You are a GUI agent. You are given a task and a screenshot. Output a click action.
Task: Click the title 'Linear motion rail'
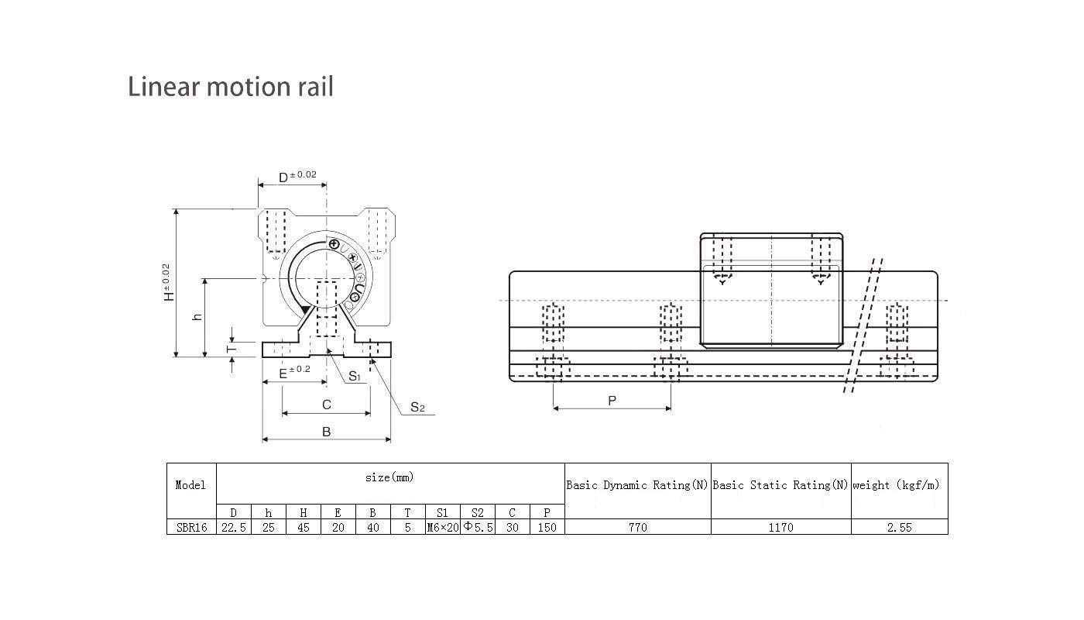click(x=231, y=86)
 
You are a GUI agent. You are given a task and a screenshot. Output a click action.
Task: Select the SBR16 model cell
click(x=190, y=527)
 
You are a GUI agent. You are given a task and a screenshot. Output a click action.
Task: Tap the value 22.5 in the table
click(x=233, y=527)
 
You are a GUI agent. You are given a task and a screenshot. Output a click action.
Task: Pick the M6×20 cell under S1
click(x=443, y=527)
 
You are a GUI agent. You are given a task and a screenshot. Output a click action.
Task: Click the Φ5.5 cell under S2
click(x=478, y=527)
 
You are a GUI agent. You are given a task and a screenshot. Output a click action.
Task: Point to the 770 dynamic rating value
click(x=637, y=527)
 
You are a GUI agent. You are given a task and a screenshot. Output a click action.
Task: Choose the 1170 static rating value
click(x=780, y=527)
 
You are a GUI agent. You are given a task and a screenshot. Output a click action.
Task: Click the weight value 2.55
click(x=899, y=527)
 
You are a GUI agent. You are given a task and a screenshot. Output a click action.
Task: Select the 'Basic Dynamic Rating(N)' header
click(x=637, y=485)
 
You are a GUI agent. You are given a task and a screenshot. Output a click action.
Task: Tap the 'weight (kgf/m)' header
click(x=899, y=485)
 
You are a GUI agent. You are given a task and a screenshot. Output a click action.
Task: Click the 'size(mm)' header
click(x=389, y=477)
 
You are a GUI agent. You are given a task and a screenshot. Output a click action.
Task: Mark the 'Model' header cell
click(x=190, y=485)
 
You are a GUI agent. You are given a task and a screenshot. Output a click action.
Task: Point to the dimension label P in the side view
click(x=612, y=401)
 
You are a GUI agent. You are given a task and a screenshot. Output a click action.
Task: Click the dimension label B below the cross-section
click(x=326, y=432)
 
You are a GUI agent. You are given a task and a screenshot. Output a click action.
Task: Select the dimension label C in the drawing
click(x=326, y=405)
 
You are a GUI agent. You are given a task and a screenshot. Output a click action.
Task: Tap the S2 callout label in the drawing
click(x=417, y=407)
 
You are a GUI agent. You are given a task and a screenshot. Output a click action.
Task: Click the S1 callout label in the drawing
click(x=354, y=377)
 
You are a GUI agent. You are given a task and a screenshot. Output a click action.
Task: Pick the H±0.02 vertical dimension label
click(x=168, y=283)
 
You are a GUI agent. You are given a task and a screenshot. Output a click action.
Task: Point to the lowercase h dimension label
click(x=197, y=316)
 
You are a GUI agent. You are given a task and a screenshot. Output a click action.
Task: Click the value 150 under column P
click(x=547, y=527)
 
